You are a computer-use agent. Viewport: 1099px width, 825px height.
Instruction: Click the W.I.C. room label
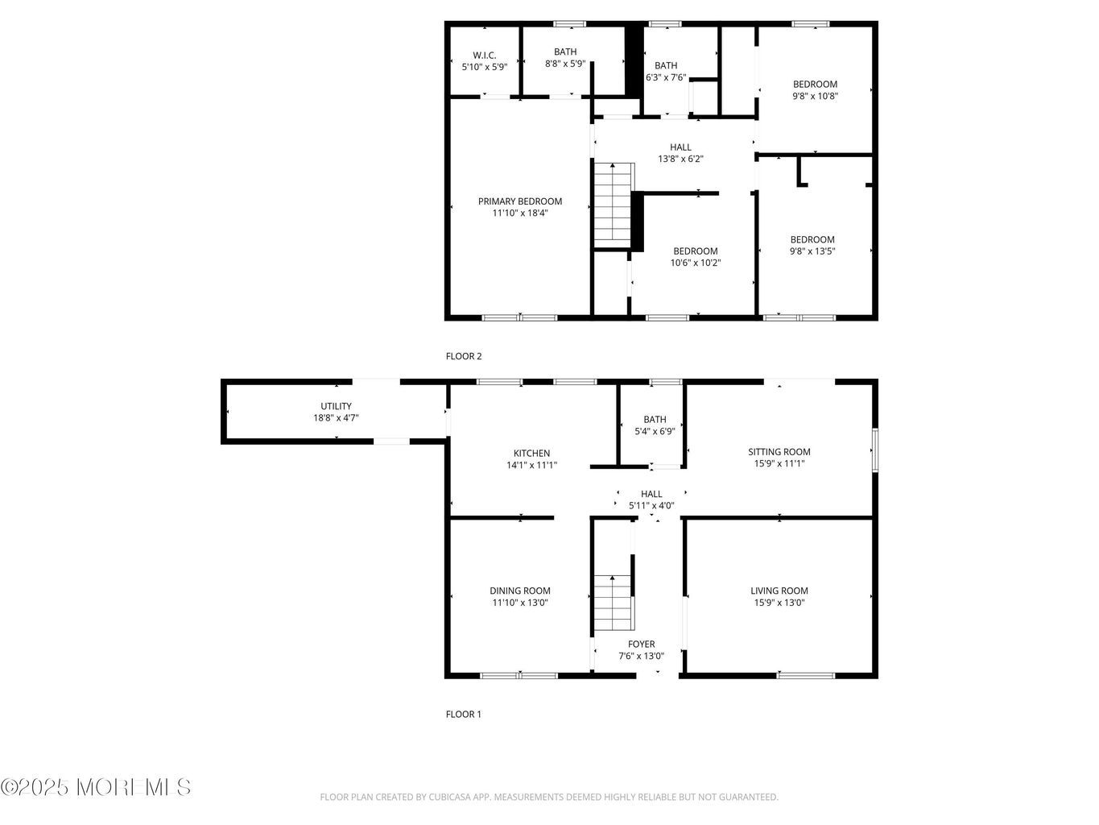pyautogui.click(x=484, y=55)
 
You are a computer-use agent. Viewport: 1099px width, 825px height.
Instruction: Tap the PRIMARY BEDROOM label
pyautogui.click(x=519, y=201)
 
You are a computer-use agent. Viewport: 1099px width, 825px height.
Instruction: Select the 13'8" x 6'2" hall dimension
pyautogui.click(x=680, y=159)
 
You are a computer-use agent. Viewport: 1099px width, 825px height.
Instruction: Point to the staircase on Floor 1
pyautogui.click(x=614, y=602)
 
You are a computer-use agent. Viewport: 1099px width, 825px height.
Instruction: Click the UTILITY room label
pyautogui.click(x=336, y=406)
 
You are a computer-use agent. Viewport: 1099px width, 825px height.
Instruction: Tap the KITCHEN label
pyautogui.click(x=531, y=454)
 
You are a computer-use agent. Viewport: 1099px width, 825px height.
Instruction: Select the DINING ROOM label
pyautogui.click(x=519, y=591)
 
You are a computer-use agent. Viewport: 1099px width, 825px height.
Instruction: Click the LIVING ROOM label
pyautogui.click(x=779, y=591)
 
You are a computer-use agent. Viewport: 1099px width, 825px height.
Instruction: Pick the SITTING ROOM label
pyautogui.click(x=779, y=451)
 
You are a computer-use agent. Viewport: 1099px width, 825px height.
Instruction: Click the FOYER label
pyautogui.click(x=642, y=645)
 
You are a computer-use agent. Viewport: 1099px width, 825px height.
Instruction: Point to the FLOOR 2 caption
pyautogui.click(x=464, y=356)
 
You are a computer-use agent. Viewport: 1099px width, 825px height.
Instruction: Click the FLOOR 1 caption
pyautogui.click(x=464, y=715)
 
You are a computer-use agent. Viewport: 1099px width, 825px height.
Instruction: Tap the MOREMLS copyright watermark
pyautogui.click(x=96, y=787)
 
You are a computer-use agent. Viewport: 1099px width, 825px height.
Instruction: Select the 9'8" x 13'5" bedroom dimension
pyautogui.click(x=812, y=251)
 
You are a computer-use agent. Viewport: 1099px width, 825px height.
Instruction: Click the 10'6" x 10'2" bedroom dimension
pyautogui.click(x=696, y=263)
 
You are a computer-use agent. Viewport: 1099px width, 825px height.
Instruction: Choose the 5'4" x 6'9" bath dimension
pyautogui.click(x=655, y=431)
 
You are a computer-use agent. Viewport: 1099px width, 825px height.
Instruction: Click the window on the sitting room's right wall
pyautogui.click(x=875, y=450)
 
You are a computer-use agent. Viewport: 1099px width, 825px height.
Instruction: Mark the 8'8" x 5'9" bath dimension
pyautogui.click(x=565, y=64)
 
